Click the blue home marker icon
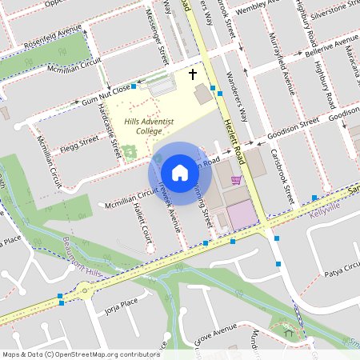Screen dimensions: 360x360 point(180,173)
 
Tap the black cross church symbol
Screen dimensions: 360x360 point(192,74)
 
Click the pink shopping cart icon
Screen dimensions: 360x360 point(236,180)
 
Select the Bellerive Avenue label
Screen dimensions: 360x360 point(331,43)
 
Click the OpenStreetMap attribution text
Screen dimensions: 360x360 point(80,354)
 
